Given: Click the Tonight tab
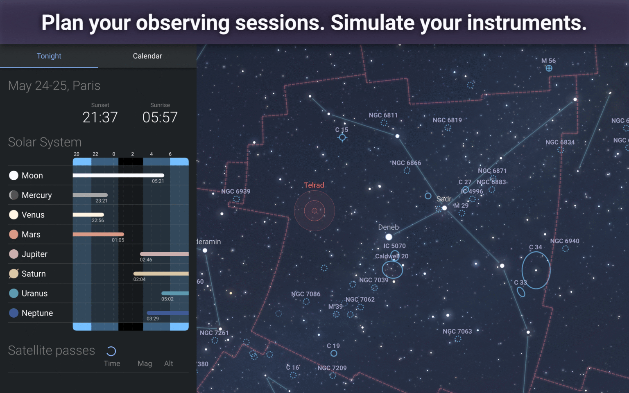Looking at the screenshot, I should (x=49, y=56).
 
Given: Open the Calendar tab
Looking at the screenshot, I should (x=147, y=56).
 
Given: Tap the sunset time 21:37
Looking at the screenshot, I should (x=100, y=117).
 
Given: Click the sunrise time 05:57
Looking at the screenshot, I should (x=160, y=117).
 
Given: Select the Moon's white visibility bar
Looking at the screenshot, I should (x=118, y=175).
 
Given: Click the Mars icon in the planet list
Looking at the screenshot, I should (x=14, y=235).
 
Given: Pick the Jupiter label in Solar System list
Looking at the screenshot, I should (x=34, y=254).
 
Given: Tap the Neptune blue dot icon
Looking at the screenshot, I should (x=14, y=313).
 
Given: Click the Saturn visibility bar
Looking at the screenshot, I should (x=161, y=273).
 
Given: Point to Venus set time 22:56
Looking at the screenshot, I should (x=98, y=221).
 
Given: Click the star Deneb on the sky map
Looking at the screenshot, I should (x=389, y=237).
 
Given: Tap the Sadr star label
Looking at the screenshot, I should (x=444, y=199).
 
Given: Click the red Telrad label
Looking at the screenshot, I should (x=314, y=185).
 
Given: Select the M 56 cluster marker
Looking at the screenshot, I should (x=549, y=68).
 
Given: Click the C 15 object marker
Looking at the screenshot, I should (x=342, y=138).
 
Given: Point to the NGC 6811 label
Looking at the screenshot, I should (x=383, y=115).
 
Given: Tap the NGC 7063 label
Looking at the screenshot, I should (x=457, y=331).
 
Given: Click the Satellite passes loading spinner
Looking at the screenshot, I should (x=111, y=351).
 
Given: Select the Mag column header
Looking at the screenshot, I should (x=145, y=364).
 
